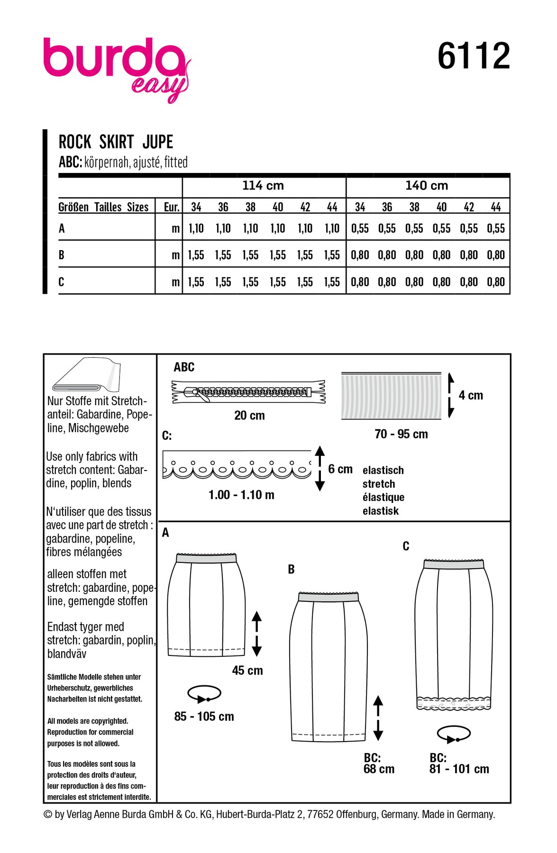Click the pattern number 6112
(x=473, y=56)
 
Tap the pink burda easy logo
(x=117, y=66)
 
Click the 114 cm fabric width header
(x=263, y=186)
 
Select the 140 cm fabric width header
(x=427, y=186)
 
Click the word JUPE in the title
(x=158, y=142)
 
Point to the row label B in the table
(x=62, y=255)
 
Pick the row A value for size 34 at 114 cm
(x=196, y=228)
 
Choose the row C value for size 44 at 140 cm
(x=496, y=282)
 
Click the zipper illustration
(x=248, y=392)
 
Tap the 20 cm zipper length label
(x=249, y=416)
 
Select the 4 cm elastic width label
(x=471, y=395)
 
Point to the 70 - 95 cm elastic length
(x=401, y=434)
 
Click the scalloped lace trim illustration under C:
(x=237, y=465)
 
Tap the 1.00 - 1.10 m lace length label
(x=241, y=495)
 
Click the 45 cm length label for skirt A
(x=247, y=671)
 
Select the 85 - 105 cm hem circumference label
(x=204, y=717)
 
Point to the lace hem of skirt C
(x=453, y=703)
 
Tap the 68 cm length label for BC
(x=379, y=769)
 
